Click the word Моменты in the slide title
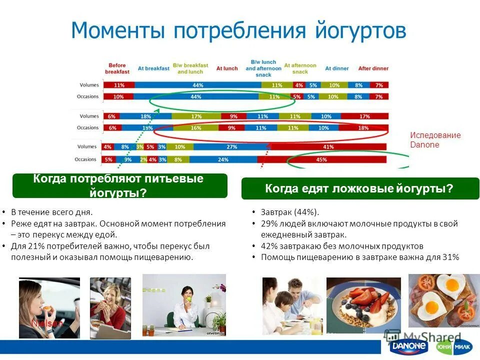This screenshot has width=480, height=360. pos(119,31)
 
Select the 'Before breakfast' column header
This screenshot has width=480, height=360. pos(117,68)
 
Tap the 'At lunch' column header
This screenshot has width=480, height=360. pos(227,68)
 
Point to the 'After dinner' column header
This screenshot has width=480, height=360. pos(373,68)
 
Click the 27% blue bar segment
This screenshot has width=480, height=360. pos(231,147)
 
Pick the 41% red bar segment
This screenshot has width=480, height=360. pos(328,147)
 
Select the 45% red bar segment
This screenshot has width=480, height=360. pos(321,159)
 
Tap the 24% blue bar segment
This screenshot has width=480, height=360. pos(223,159)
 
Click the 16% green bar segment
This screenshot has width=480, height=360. pos(195,128)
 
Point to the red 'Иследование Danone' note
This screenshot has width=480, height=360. pos(435,140)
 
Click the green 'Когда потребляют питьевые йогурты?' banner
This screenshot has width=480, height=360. pos(119,185)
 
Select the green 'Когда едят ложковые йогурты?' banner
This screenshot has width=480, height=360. pos(360,188)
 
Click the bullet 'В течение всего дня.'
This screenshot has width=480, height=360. pos(52,212)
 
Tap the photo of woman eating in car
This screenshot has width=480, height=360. pos(49,307)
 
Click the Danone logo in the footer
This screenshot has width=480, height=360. pos(409,346)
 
